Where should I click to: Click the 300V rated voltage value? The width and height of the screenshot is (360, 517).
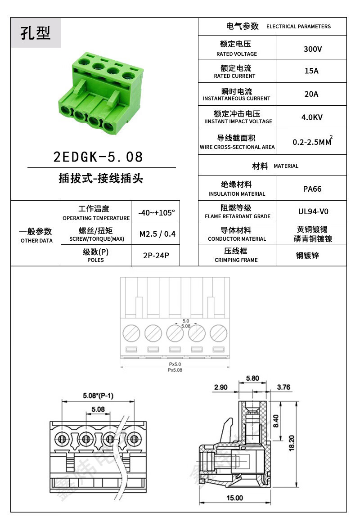coord(312,49)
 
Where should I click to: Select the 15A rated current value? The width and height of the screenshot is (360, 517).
coord(311,71)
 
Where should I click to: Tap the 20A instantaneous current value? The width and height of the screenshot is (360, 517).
coord(311,94)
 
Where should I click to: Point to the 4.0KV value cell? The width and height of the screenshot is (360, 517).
coord(312,117)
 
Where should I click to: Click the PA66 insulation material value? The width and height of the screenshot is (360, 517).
coord(312,189)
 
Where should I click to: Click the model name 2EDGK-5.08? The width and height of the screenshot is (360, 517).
coord(98,157)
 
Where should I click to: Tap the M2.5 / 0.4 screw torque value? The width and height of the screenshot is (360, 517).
coord(157,234)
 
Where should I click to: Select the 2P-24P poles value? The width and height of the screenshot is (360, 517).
coord(156,256)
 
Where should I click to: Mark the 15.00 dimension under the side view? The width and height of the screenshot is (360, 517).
coord(235,498)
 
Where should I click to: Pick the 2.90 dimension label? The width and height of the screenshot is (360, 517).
coord(221,387)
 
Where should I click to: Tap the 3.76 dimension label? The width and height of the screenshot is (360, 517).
coord(284,387)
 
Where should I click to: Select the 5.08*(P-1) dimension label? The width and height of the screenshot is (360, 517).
coord(98,396)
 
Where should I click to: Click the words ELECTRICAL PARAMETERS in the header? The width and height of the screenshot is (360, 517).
coord(298,27)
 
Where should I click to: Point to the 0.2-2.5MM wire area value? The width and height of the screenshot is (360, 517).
coord(312,142)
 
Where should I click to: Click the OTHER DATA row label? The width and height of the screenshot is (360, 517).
coord(36,241)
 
